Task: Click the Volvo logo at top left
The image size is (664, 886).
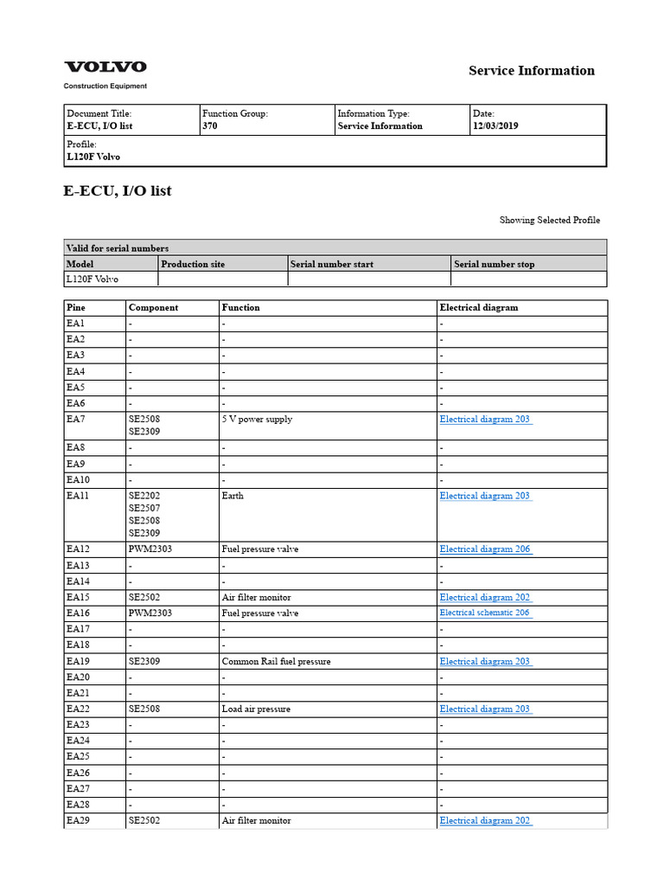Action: coord(105,67)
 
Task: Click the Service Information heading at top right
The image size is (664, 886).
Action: coord(531,71)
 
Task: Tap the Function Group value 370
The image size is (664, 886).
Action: coord(210,126)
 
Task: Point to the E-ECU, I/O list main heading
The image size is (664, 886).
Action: coord(118,191)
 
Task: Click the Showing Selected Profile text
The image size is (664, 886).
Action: coord(549,221)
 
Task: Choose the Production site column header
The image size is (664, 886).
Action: coord(193,264)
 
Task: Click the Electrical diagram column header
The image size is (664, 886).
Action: coord(479,307)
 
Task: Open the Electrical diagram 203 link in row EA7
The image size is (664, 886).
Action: coord(485,420)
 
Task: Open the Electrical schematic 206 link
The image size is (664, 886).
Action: coord(484,613)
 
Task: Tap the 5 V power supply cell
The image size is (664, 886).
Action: coord(257,420)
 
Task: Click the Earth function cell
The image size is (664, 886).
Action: coord(233,497)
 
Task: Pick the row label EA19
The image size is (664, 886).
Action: coord(78,662)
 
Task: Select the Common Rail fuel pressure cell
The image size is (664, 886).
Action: coord(276,662)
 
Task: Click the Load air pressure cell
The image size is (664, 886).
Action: coord(256,709)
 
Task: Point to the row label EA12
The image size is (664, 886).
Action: coord(78,549)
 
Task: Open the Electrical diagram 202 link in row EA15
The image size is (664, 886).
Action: coord(485,598)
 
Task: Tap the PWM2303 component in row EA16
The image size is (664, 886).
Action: coord(150,613)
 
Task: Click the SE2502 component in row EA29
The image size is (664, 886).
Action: coord(144,821)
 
